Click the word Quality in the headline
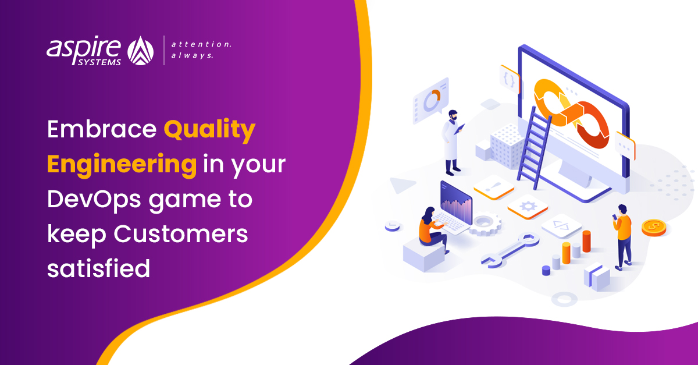click(x=209, y=130)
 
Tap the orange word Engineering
click(x=122, y=165)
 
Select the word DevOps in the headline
click(x=94, y=200)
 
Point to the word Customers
click(x=181, y=234)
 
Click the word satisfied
click(x=98, y=268)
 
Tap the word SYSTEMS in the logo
click(x=99, y=62)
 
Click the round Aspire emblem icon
click(x=141, y=51)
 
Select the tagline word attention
click(x=201, y=44)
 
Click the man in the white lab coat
click(x=452, y=143)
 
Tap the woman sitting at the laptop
click(x=433, y=229)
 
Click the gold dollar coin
click(x=654, y=228)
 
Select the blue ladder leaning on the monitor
click(x=534, y=148)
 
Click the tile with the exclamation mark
click(x=494, y=187)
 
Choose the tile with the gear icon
click(x=528, y=207)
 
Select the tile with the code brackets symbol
click(x=561, y=226)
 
